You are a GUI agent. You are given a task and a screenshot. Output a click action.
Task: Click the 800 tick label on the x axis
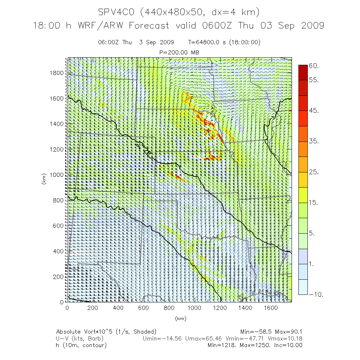[169, 308]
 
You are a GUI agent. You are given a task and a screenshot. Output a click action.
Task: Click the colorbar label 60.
[314, 66]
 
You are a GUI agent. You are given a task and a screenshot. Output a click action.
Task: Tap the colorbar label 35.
[314, 141]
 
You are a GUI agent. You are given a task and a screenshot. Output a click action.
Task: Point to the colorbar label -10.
[316, 294]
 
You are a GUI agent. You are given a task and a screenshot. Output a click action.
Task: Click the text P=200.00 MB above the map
[179, 53]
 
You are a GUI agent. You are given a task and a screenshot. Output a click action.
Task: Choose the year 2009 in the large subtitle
[311, 26]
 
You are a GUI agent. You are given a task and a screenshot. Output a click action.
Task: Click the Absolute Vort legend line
[106, 332]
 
